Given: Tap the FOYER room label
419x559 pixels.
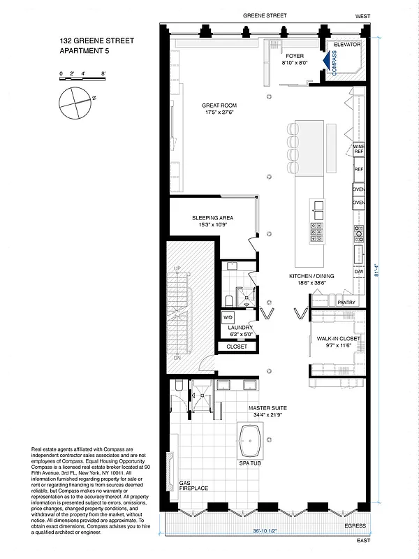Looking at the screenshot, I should click(x=294, y=59).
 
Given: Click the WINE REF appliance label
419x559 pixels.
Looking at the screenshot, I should click(x=359, y=149).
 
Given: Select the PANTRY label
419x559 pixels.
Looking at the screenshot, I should click(x=347, y=303).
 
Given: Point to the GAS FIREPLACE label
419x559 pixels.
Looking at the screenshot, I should click(x=193, y=485).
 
